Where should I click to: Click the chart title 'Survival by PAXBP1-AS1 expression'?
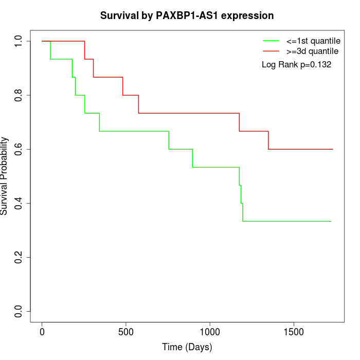(x=187, y=15)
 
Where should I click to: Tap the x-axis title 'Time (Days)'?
(x=187, y=347)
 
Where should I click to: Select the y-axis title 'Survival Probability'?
(x=5, y=176)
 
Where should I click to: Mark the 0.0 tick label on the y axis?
(x=19, y=311)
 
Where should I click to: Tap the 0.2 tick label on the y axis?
(x=19, y=257)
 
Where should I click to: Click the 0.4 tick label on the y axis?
(x=19, y=203)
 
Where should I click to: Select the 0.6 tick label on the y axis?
(x=19, y=149)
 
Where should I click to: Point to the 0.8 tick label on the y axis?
(x=19, y=95)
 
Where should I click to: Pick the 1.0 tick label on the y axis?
(x=19, y=41)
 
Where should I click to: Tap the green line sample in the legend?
(x=271, y=41)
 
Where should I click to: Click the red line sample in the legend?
(x=271, y=51)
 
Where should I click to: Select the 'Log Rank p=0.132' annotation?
(x=297, y=65)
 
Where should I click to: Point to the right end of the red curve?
(x=333, y=149)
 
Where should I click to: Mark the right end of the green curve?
(x=331, y=221)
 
